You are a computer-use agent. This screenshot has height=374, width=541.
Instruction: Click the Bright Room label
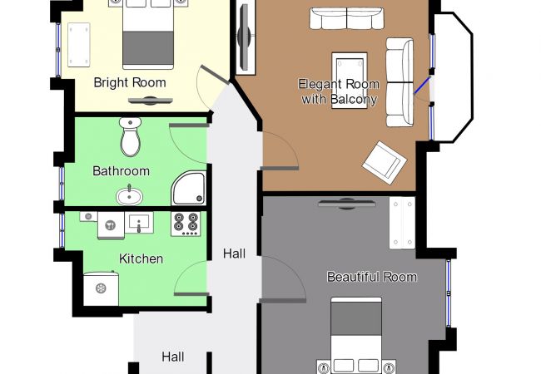click(130, 83)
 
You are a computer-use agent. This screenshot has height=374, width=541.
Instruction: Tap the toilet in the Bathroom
click(131, 137)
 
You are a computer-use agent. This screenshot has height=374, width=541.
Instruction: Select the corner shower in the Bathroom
click(189, 188)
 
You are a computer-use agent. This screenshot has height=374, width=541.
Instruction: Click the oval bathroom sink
click(129, 195)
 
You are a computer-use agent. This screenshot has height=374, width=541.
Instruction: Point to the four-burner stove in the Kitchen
click(186, 224)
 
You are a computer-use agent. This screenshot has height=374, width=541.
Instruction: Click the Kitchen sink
click(139, 223)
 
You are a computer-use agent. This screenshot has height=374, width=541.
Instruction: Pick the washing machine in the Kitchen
click(101, 288)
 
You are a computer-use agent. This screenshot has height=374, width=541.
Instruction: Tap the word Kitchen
click(141, 258)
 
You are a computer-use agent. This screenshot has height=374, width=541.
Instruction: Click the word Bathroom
click(122, 171)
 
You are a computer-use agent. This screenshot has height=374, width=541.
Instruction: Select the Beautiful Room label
click(372, 277)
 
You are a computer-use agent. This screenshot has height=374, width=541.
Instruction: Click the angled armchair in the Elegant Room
click(384, 163)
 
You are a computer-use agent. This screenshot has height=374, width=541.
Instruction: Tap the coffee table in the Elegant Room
click(350, 81)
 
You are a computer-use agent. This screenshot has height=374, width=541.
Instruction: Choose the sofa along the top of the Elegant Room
click(346, 18)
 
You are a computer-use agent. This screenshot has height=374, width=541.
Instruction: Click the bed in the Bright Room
click(148, 34)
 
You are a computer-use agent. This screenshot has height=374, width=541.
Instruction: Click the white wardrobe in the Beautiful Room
click(402, 223)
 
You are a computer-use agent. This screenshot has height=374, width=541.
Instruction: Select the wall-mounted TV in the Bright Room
click(150, 101)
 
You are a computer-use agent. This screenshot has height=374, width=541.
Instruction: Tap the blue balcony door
click(422, 86)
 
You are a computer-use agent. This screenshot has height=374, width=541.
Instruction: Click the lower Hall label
click(173, 357)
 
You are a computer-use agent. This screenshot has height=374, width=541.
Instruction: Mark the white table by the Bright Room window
click(79, 45)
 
